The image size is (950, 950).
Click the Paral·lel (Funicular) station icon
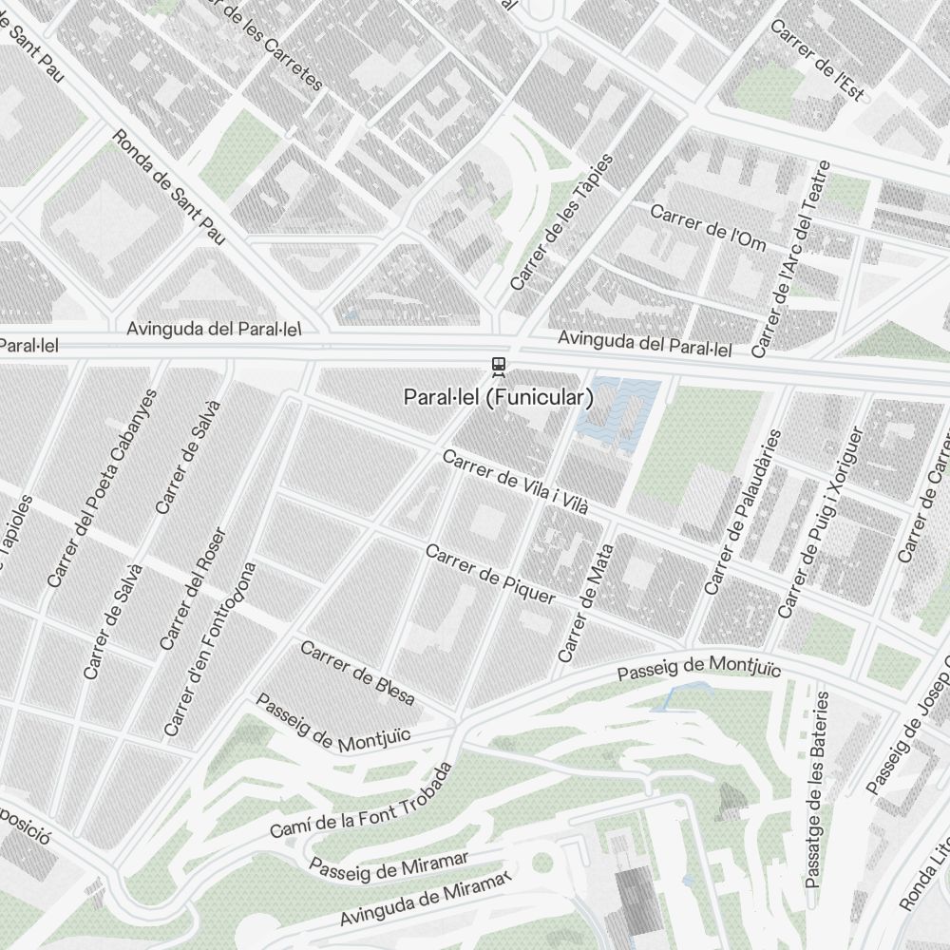497,366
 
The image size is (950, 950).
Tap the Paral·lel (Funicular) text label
498,397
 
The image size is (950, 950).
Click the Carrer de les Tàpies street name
561,222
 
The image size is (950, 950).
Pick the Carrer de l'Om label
708,228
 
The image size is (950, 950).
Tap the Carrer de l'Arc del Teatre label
790,259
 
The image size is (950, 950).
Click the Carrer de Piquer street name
490,574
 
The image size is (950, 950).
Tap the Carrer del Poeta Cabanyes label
101,486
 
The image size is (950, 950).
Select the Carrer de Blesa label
357,673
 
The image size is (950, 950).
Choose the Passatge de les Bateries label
817,789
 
